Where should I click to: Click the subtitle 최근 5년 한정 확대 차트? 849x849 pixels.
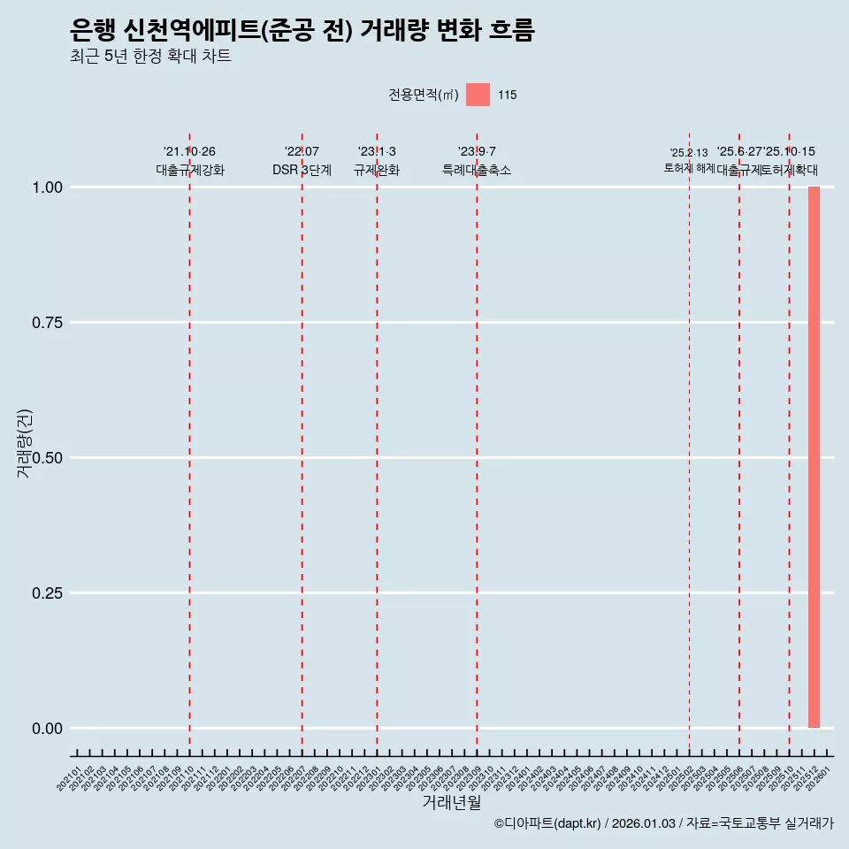click(x=150, y=57)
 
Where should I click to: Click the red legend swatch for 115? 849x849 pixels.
click(x=478, y=95)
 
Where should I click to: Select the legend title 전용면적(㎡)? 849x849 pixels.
click(x=423, y=95)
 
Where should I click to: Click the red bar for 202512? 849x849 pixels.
click(x=814, y=457)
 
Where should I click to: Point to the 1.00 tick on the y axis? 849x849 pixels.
click(x=47, y=187)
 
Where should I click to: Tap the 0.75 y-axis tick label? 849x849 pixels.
click(x=47, y=323)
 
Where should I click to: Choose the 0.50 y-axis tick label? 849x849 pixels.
click(x=47, y=458)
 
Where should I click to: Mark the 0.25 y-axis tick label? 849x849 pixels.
click(x=47, y=593)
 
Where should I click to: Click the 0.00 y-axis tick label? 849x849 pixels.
click(x=47, y=729)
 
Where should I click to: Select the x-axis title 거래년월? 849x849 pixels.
click(x=451, y=803)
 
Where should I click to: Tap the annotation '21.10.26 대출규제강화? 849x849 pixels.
click(x=190, y=161)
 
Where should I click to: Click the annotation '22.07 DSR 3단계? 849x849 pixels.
click(x=302, y=161)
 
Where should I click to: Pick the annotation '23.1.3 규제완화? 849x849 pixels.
click(x=377, y=161)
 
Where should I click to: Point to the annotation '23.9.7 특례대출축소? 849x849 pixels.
click(x=477, y=161)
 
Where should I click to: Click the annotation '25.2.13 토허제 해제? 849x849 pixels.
click(x=689, y=160)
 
